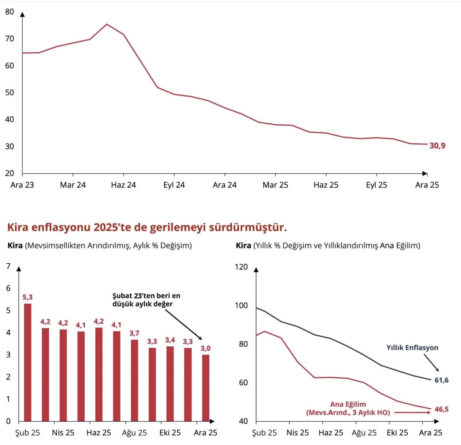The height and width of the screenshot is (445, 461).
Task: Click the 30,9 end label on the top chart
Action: [437, 146]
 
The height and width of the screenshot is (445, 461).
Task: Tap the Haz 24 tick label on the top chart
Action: [123, 185]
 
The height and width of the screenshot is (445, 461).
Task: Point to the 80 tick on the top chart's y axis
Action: [9, 12]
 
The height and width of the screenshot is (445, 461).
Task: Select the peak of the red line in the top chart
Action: [107, 24]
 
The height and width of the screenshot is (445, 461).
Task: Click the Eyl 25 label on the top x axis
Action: [376, 185]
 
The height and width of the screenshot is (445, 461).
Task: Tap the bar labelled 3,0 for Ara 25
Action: [206, 388]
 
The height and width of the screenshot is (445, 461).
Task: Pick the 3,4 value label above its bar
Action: [170, 340]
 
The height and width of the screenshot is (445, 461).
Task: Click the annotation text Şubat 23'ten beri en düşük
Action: [146, 296]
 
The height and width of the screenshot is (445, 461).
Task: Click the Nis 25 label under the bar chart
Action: [63, 433]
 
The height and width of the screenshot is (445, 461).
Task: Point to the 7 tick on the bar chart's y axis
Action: [8, 266]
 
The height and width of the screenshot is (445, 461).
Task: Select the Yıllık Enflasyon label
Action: [412, 348]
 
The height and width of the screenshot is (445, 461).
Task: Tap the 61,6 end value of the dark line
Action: [442, 380]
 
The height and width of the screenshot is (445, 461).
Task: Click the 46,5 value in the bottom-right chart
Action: [442, 409]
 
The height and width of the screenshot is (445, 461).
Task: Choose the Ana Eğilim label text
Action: [348, 404]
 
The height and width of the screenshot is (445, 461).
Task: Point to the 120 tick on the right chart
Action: [241, 267]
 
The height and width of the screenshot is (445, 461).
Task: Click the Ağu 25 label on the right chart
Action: [364, 433]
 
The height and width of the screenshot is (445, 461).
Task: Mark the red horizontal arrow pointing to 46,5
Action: [412, 413]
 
